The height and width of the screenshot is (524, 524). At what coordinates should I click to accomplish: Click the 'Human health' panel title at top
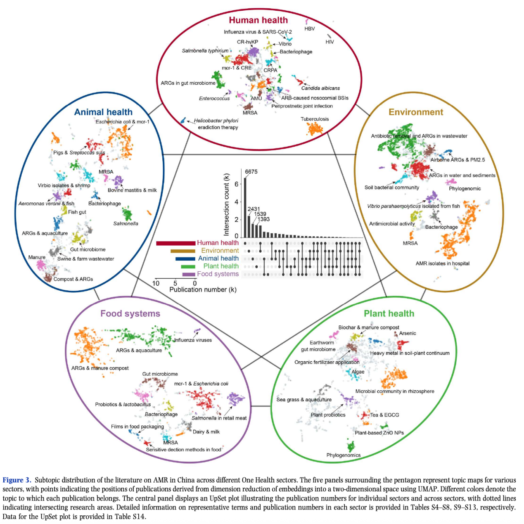coord(258,20)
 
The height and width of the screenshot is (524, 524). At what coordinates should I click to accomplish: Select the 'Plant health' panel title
coord(389,313)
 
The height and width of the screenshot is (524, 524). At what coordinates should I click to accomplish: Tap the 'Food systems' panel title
coord(130,313)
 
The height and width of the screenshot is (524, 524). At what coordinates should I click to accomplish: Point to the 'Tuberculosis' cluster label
coord(315,119)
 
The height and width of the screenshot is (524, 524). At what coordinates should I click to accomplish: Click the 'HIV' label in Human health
coord(330,42)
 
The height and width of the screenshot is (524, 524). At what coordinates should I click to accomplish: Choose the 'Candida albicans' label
coord(320,88)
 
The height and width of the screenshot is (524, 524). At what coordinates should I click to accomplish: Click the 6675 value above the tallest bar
coord(251,172)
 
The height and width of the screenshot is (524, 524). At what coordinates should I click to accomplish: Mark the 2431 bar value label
coord(254,209)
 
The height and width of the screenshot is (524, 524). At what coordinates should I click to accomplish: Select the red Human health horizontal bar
coord(175,243)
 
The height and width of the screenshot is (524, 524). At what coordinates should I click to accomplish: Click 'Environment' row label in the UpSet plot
coord(220,251)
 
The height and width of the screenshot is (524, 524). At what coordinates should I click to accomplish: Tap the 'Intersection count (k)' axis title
coord(226,204)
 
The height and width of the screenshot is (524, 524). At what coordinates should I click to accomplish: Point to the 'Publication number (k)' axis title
coord(203,290)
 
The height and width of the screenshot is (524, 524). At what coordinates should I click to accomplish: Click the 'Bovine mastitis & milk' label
coord(132,190)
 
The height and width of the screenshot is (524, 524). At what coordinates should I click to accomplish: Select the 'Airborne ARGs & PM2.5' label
coord(458,160)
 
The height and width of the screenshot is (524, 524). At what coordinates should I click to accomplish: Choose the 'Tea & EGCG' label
coord(384,415)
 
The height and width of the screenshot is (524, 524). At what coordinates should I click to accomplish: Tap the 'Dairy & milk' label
coord(206,432)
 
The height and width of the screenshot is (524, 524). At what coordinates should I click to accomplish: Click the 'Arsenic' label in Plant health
coord(408,333)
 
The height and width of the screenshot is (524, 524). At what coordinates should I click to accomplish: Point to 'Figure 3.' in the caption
coord(17,480)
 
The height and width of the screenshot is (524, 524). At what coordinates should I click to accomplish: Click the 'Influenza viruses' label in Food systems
coord(192,340)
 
